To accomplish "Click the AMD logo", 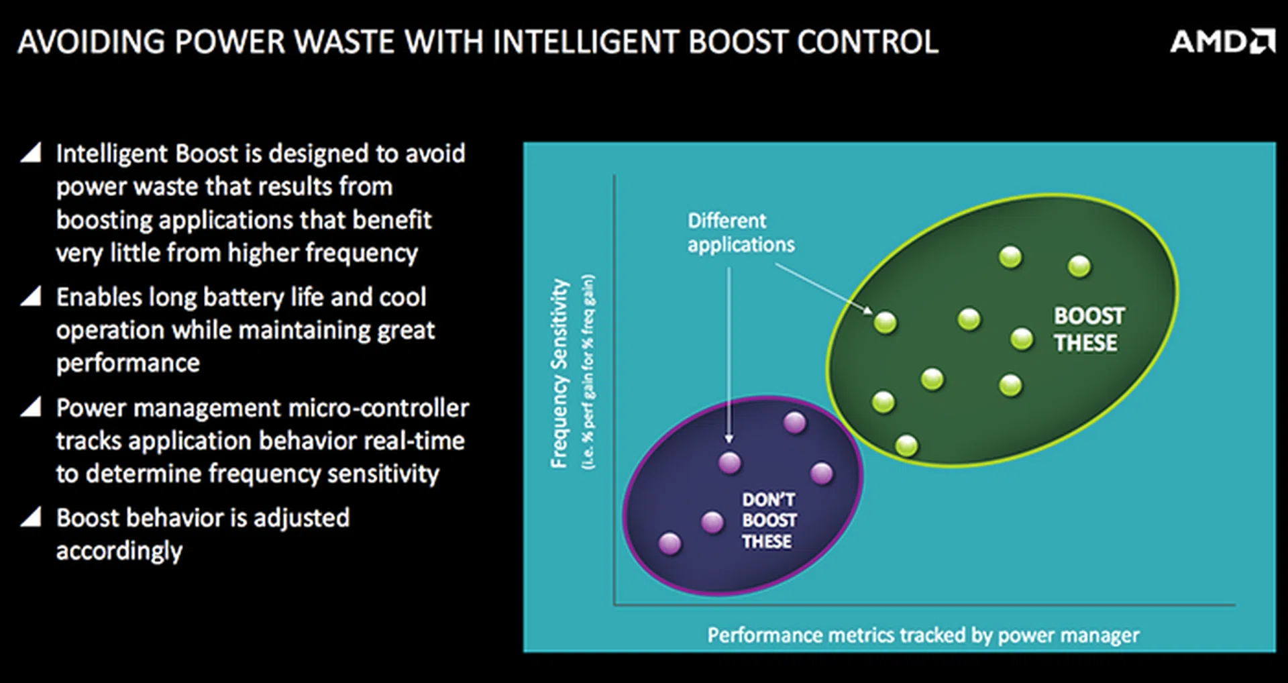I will point(1222,42).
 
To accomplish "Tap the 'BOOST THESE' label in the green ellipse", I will point(1087,329).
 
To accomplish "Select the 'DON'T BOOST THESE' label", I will point(769,521).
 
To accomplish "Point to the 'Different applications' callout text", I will point(740,233).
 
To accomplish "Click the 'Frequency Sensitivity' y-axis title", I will point(559,373).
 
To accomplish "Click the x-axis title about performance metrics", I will point(923,635).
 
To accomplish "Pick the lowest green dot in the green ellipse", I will point(906,445).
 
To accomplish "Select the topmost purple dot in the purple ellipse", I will point(794,423).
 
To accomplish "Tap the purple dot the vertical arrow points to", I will point(730,462).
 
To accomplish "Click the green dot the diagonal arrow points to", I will point(885,323).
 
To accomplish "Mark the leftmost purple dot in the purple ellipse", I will point(669,543).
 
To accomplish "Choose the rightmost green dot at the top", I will point(1079,266).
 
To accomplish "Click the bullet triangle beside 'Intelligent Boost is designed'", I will point(31,153).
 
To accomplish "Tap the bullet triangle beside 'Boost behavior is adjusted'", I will point(31,517).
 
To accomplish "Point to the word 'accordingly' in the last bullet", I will point(119,551).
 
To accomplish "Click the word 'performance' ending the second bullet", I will point(127,363).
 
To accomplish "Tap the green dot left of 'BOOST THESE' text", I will point(1021,339).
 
